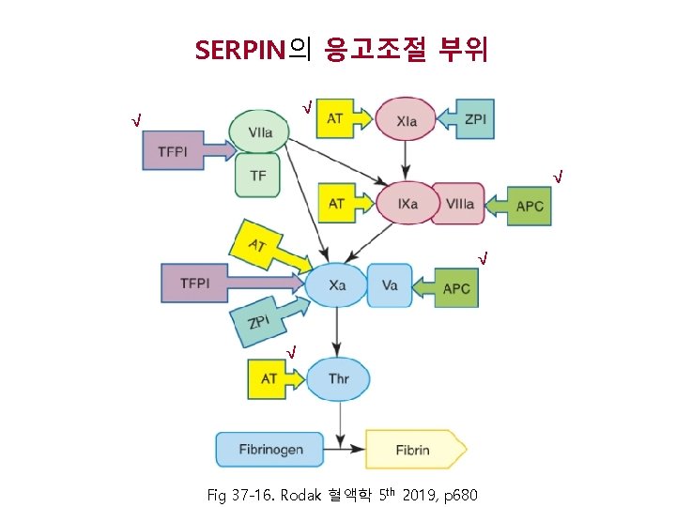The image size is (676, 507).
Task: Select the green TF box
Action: coord(258,176)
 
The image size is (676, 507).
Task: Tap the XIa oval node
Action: coord(407,120)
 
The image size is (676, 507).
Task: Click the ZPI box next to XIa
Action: coord(475,118)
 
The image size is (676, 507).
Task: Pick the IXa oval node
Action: coord(406,203)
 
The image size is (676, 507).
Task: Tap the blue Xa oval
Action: coord(335,284)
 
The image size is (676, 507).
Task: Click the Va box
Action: coord(390,284)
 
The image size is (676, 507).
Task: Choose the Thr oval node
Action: coord(338,378)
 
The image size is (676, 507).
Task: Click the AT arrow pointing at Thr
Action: coord(274,378)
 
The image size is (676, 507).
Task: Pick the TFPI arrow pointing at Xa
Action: coord(202,283)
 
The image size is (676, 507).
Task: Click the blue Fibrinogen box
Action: coord(270,449)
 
